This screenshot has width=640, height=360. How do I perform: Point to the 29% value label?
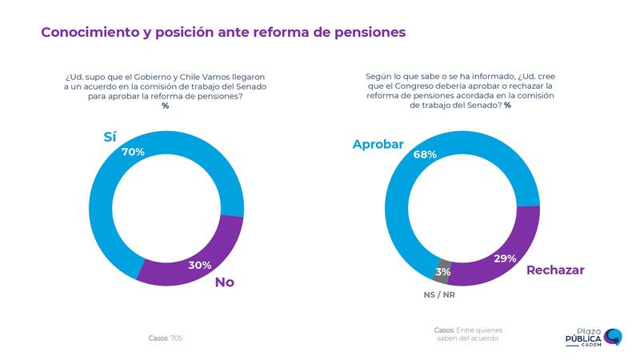click(x=505, y=258)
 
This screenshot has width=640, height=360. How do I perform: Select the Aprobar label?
click(x=378, y=144)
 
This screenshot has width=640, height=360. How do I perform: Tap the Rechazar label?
click(x=555, y=270)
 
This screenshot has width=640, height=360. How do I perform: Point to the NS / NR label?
click(x=439, y=294)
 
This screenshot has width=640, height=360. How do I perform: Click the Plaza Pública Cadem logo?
click(x=593, y=338)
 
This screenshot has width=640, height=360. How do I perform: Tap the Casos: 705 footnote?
click(x=166, y=338)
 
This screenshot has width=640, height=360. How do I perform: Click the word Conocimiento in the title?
click(x=88, y=32)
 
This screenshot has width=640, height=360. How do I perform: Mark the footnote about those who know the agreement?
click(x=469, y=334)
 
